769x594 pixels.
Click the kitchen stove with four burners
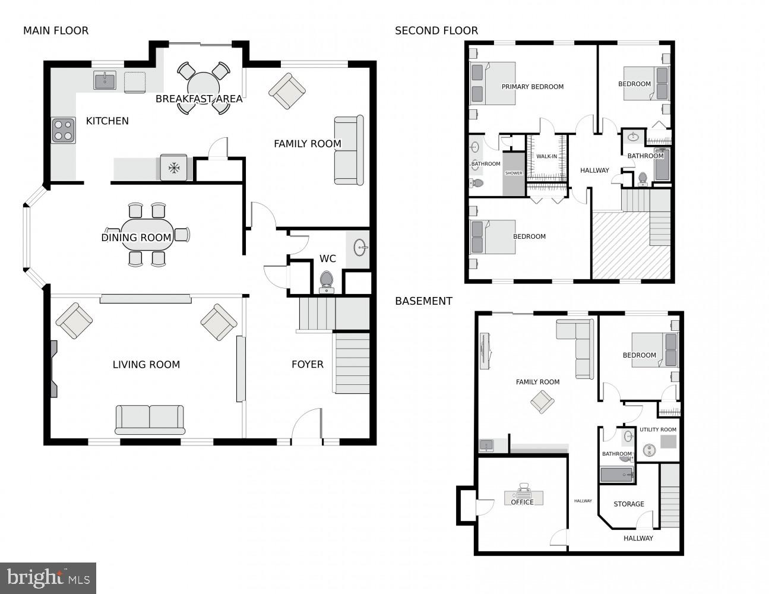click(64, 131)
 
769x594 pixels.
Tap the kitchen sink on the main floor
click(105, 80)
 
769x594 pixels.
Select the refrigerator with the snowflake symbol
click(173, 168)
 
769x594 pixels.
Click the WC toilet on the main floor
click(326, 281)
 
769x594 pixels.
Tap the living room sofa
click(150, 419)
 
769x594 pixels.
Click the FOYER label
click(307, 364)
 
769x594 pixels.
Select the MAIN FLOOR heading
click(56, 31)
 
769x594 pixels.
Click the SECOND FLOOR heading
click(436, 31)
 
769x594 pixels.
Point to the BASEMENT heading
click(423, 301)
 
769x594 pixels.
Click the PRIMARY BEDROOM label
click(532, 87)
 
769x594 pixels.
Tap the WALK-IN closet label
click(546, 157)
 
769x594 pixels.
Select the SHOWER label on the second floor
click(514, 173)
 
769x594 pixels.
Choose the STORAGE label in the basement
click(628, 504)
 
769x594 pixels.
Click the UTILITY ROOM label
click(657, 429)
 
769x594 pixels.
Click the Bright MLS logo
click(48, 577)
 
